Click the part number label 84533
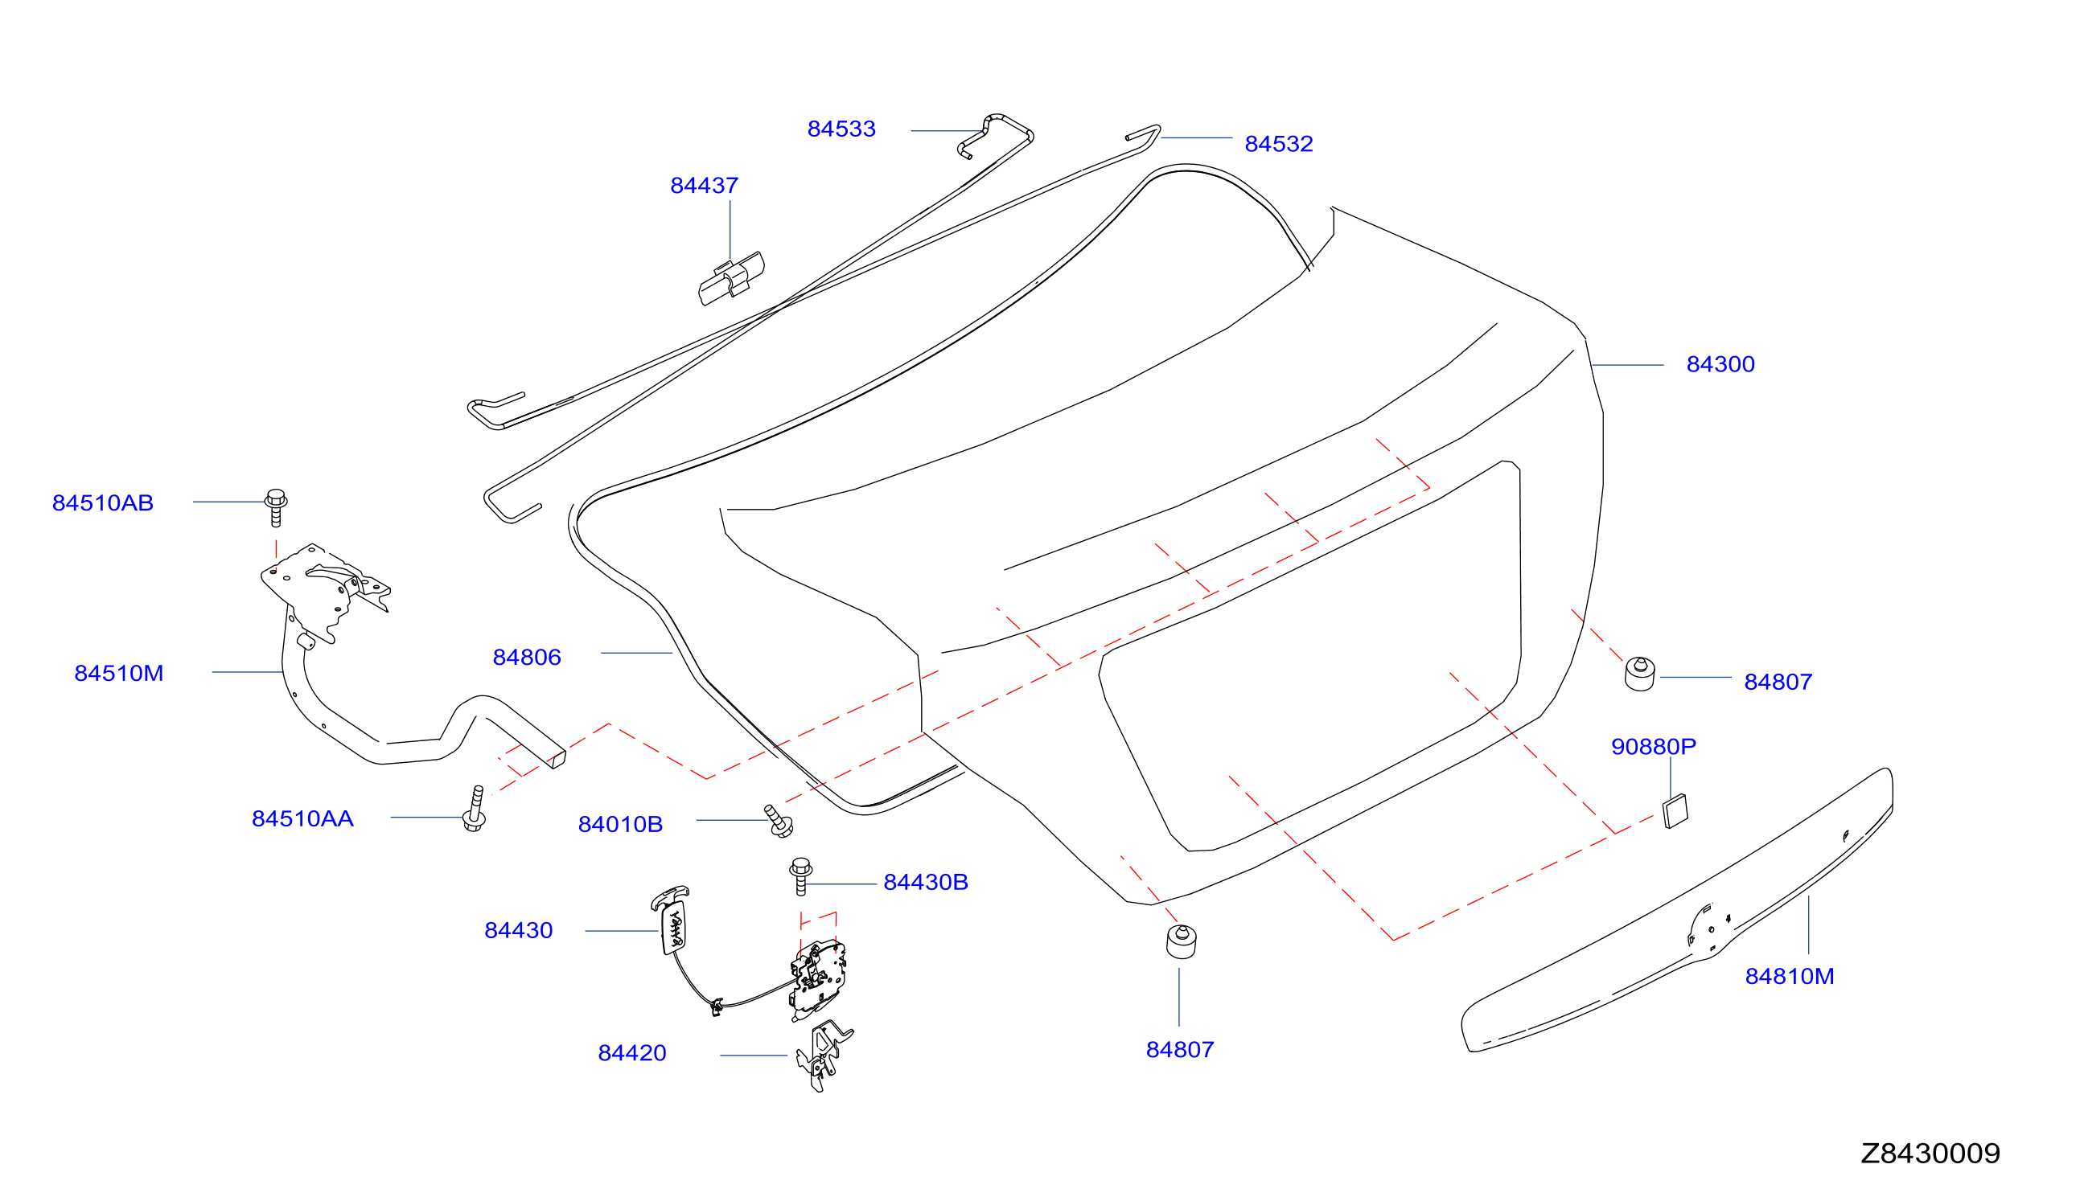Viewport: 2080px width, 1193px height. coord(841,129)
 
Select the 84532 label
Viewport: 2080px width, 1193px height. coord(1279,144)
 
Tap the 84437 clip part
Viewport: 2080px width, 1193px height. coord(731,279)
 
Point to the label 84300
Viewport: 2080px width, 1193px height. coord(1720,365)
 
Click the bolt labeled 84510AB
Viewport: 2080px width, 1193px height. coord(276,507)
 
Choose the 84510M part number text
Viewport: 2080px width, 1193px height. coord(119,674)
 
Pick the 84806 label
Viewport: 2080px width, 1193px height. coord(527,657)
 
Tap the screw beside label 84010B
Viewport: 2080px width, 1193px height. coord(779,821)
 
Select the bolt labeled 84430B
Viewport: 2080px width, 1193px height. coord(800,877)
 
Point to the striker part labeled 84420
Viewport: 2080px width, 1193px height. coord(823,1056)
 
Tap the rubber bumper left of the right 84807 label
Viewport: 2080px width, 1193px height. coord(1640,674)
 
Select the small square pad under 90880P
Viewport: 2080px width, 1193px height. coord(1675,812)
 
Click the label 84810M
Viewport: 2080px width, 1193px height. coord(1789,977)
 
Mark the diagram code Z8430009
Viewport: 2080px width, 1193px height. coord(1930,1153)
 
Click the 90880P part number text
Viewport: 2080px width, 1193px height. coord(1654,747)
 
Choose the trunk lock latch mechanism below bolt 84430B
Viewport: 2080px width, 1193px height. coord(818,980)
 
